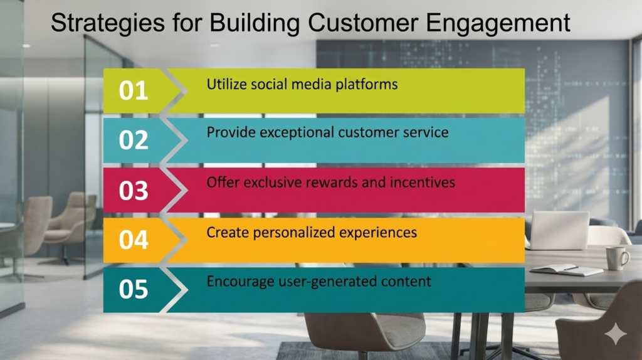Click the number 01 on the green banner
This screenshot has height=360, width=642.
coord(134,90)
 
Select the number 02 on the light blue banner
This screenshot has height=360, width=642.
coord(134,140)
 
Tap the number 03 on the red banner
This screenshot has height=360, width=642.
coord(134,191)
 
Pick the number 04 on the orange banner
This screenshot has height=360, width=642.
coord(134,240)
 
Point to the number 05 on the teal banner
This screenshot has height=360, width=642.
coord(134,289)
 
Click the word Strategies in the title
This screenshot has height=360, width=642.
coord(108,24)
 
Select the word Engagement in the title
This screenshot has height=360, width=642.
coord(498,24)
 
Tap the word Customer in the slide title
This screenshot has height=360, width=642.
coord(363,23)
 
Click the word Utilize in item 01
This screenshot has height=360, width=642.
coord(226,85)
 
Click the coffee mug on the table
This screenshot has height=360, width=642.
coord(617,258)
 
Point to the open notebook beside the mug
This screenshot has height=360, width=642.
coord(567,270)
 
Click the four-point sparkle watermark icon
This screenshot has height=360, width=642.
coord(616,334)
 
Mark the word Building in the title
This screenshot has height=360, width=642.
coord(255,24)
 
